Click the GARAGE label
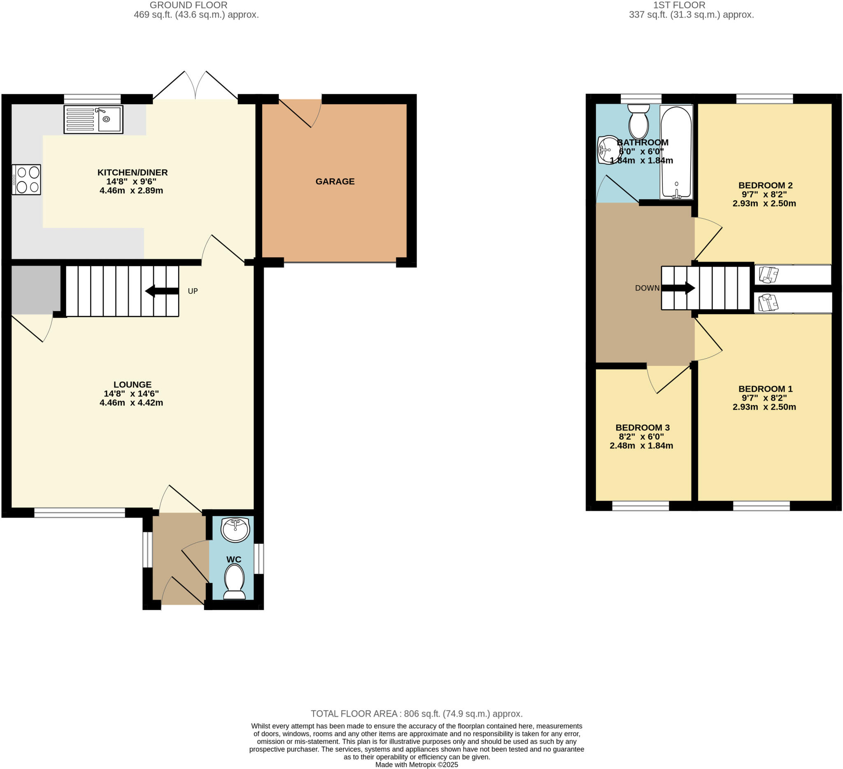[x=335, y=182]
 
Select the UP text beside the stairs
[x=193, y=291]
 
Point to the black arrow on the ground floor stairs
[x=162, y=291]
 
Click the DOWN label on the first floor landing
[x=647, y=288]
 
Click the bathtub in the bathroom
[x=676, y=152]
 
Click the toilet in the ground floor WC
[x=235, y=582]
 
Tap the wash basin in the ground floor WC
[x=235, y=529]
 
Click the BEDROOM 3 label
[x=642, y=427]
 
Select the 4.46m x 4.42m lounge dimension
[x=131, y=403]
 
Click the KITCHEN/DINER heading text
[x=133, y=172]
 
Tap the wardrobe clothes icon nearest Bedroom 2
[x=768, y=275]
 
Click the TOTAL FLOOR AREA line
[x=417, y=714]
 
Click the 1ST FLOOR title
[x=691, y=5]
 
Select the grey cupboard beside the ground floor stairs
[x=36, y=289]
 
